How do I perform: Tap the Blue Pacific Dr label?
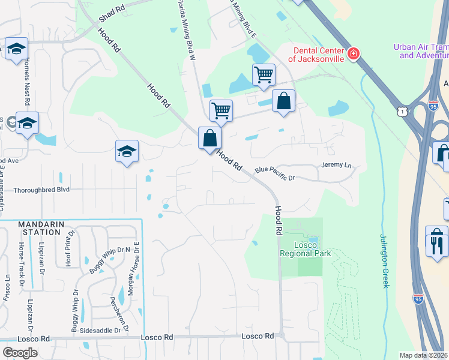(x=276, y=173)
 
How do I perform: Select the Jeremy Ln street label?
(x=337, y=164)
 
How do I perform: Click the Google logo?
(x=20, y=352)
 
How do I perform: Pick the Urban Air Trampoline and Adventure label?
(x=420, y=51)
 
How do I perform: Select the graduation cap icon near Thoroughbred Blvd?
(x=127, y=151)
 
